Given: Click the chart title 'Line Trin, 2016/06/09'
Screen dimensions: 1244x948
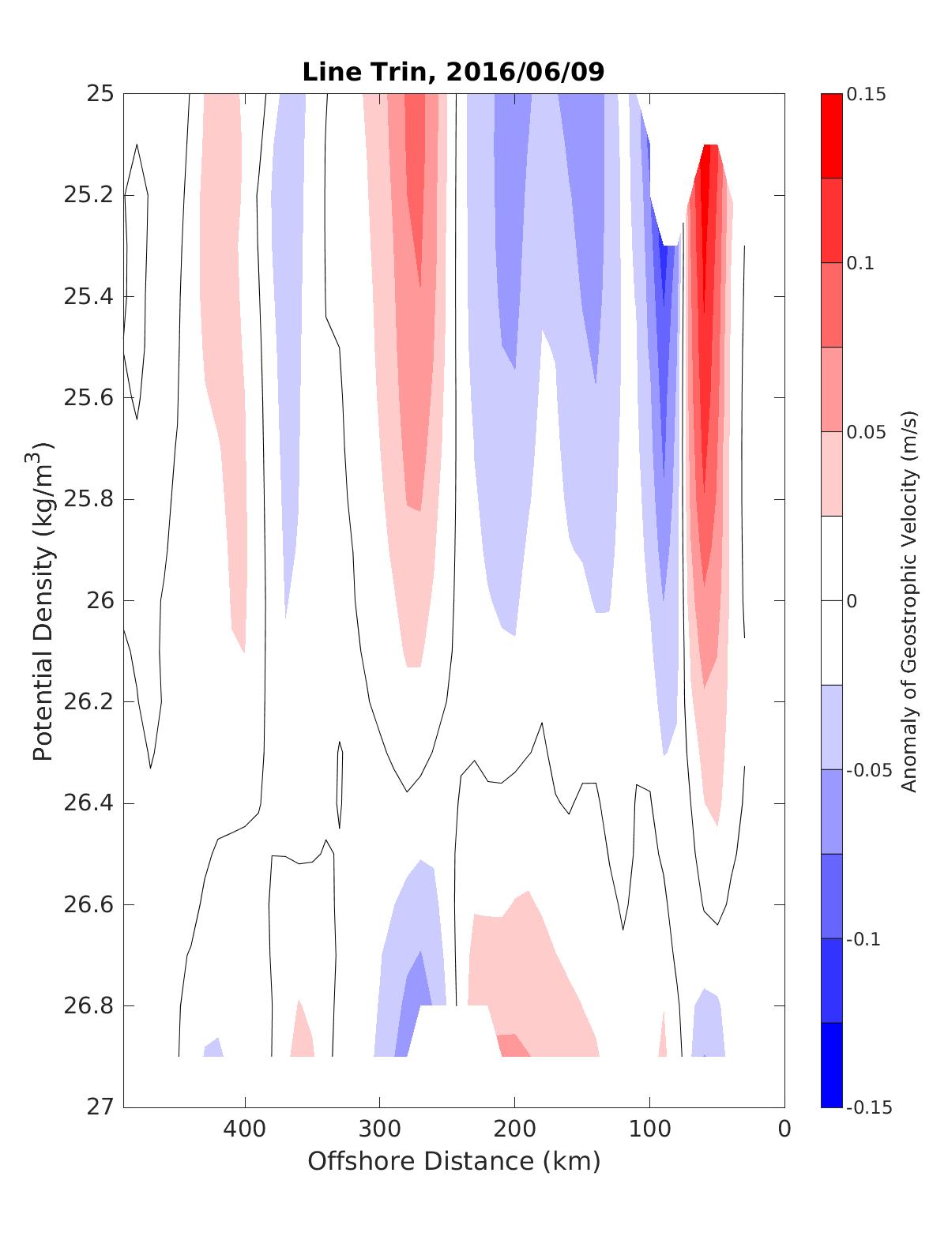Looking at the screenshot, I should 453,73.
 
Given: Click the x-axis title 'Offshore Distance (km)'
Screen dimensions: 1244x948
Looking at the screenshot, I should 453,1162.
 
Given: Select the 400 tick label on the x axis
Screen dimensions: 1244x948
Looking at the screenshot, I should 245,1129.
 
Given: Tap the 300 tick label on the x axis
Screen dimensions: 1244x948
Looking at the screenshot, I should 380,1129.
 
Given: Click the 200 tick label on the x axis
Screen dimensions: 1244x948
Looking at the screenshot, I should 515,1129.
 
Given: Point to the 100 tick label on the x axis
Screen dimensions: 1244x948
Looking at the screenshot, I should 649,1129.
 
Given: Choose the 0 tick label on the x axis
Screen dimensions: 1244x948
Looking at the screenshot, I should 784,1129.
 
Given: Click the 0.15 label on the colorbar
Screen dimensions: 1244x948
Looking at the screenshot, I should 866,94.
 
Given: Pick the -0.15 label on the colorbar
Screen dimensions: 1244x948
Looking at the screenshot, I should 868,1107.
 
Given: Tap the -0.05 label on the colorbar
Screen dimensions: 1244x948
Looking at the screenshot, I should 868,770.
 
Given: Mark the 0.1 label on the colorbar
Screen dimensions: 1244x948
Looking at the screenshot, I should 861,263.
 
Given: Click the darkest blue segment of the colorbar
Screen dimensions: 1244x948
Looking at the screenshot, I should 831,1065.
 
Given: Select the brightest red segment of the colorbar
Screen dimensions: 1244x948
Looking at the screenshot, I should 831,136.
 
